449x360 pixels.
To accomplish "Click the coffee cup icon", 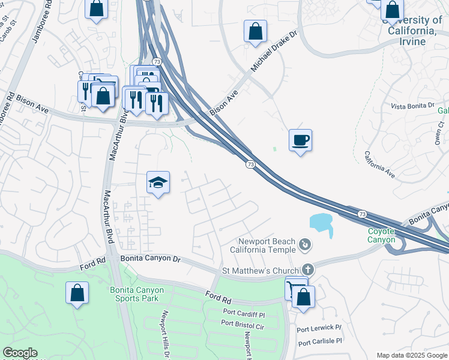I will (x=300, y=140).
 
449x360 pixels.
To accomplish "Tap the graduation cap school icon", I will (x=158, y=182).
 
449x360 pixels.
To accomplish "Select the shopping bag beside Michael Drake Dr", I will (x=255, y=31).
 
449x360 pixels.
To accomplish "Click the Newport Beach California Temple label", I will (x=266, y=245).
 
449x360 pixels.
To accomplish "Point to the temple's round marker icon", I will (x=306, y=245).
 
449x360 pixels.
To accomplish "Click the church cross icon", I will (x=308, y=270).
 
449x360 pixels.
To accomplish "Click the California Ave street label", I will (x=379, y=164).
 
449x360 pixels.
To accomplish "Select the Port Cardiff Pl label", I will (x=243, y=313).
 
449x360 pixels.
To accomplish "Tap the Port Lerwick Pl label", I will (x=319, y=328).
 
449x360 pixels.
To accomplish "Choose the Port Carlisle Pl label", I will (x=319, y=341).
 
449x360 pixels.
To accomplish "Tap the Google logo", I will (x=20, y=353).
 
